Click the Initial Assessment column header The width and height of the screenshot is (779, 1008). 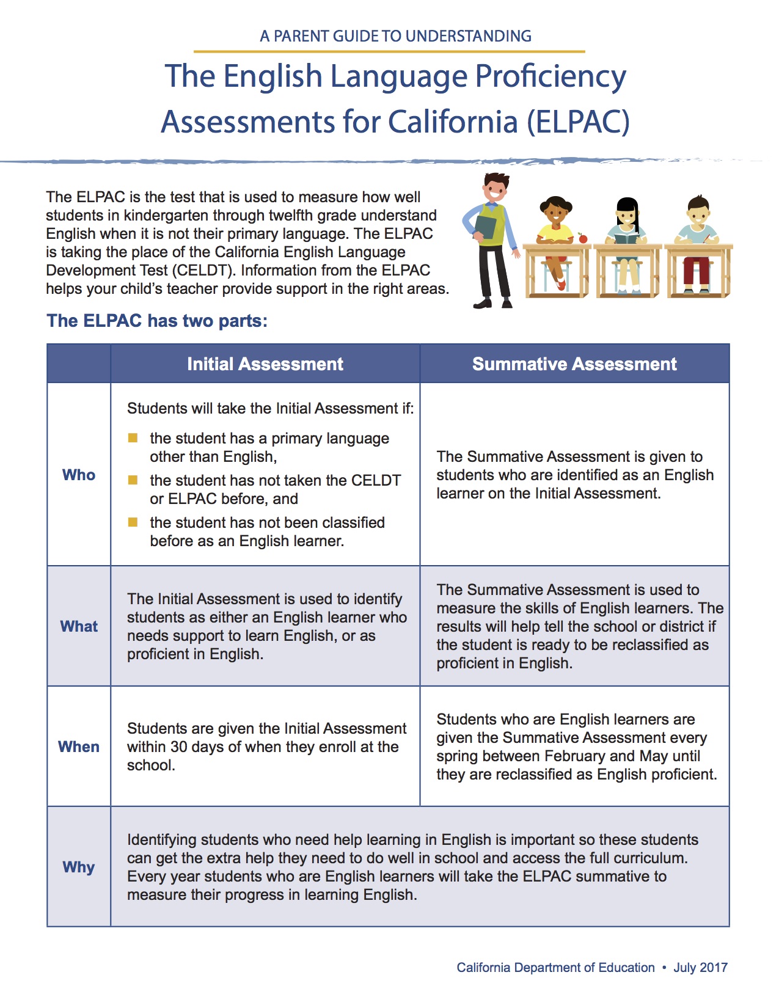(x=265, y=364)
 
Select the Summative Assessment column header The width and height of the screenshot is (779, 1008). (x=574, y=364)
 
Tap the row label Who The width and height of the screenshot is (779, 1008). (x=79, y=475)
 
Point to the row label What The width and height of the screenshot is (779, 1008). (x=79, y=626)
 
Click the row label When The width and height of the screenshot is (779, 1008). (x=79, y=747)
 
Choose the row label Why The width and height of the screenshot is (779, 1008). (x=79, y=867)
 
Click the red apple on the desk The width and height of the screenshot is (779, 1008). (x=583, y=238)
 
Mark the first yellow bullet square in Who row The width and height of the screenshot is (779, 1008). (x=133, y=438)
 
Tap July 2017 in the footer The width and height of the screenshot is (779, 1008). (x=700, y=968)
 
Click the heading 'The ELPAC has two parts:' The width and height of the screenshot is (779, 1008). (x=157, y=321)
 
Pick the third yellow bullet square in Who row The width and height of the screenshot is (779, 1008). (x=133, y=522)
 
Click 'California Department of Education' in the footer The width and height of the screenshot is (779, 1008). (x=555, y=968)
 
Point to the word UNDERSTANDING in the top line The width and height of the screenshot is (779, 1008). (x=468, y=36)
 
